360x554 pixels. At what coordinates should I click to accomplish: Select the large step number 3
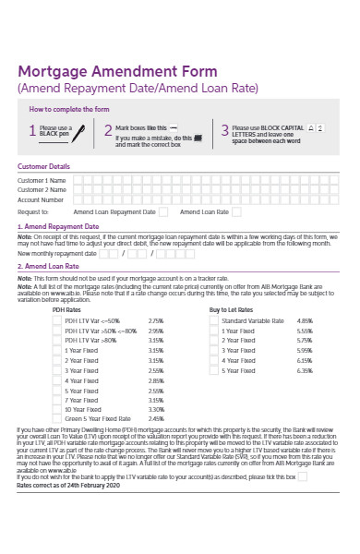point(224,131)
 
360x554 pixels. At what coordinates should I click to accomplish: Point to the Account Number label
point(42,199)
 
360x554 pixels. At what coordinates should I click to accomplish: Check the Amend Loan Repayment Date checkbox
point(162,211)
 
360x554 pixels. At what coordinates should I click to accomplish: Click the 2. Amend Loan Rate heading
point(50,265)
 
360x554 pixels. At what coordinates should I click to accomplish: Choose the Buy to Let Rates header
point(231,309)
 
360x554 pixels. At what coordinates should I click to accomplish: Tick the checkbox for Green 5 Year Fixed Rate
point(57,419)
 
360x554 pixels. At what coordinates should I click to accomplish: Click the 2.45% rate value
point(155,419)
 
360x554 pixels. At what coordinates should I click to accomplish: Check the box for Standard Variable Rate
point(213,320)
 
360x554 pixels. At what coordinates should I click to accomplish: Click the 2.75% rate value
point(155,320)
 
